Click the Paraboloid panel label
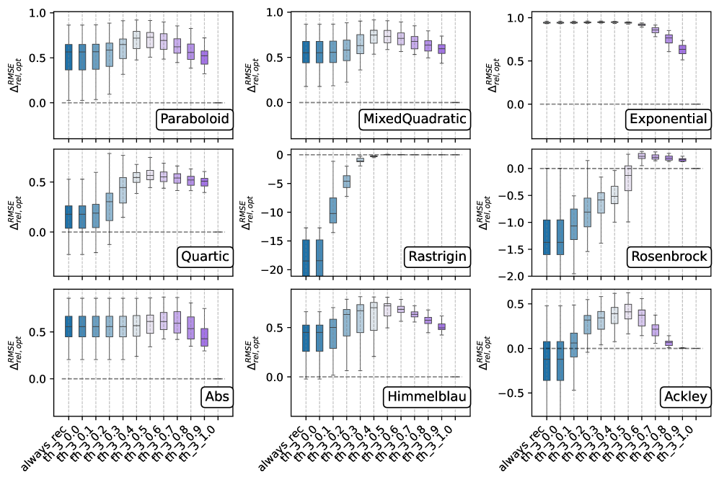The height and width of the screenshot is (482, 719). coord(195,119)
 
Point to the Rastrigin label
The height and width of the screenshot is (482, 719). coord(436,257)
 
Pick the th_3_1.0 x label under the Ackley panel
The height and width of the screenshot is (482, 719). coord(684,441)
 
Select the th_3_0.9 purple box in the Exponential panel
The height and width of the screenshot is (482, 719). coord(682,49)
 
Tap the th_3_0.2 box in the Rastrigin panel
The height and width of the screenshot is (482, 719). coord(346,182)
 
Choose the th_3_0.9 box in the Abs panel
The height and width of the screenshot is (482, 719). coord(204,336)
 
